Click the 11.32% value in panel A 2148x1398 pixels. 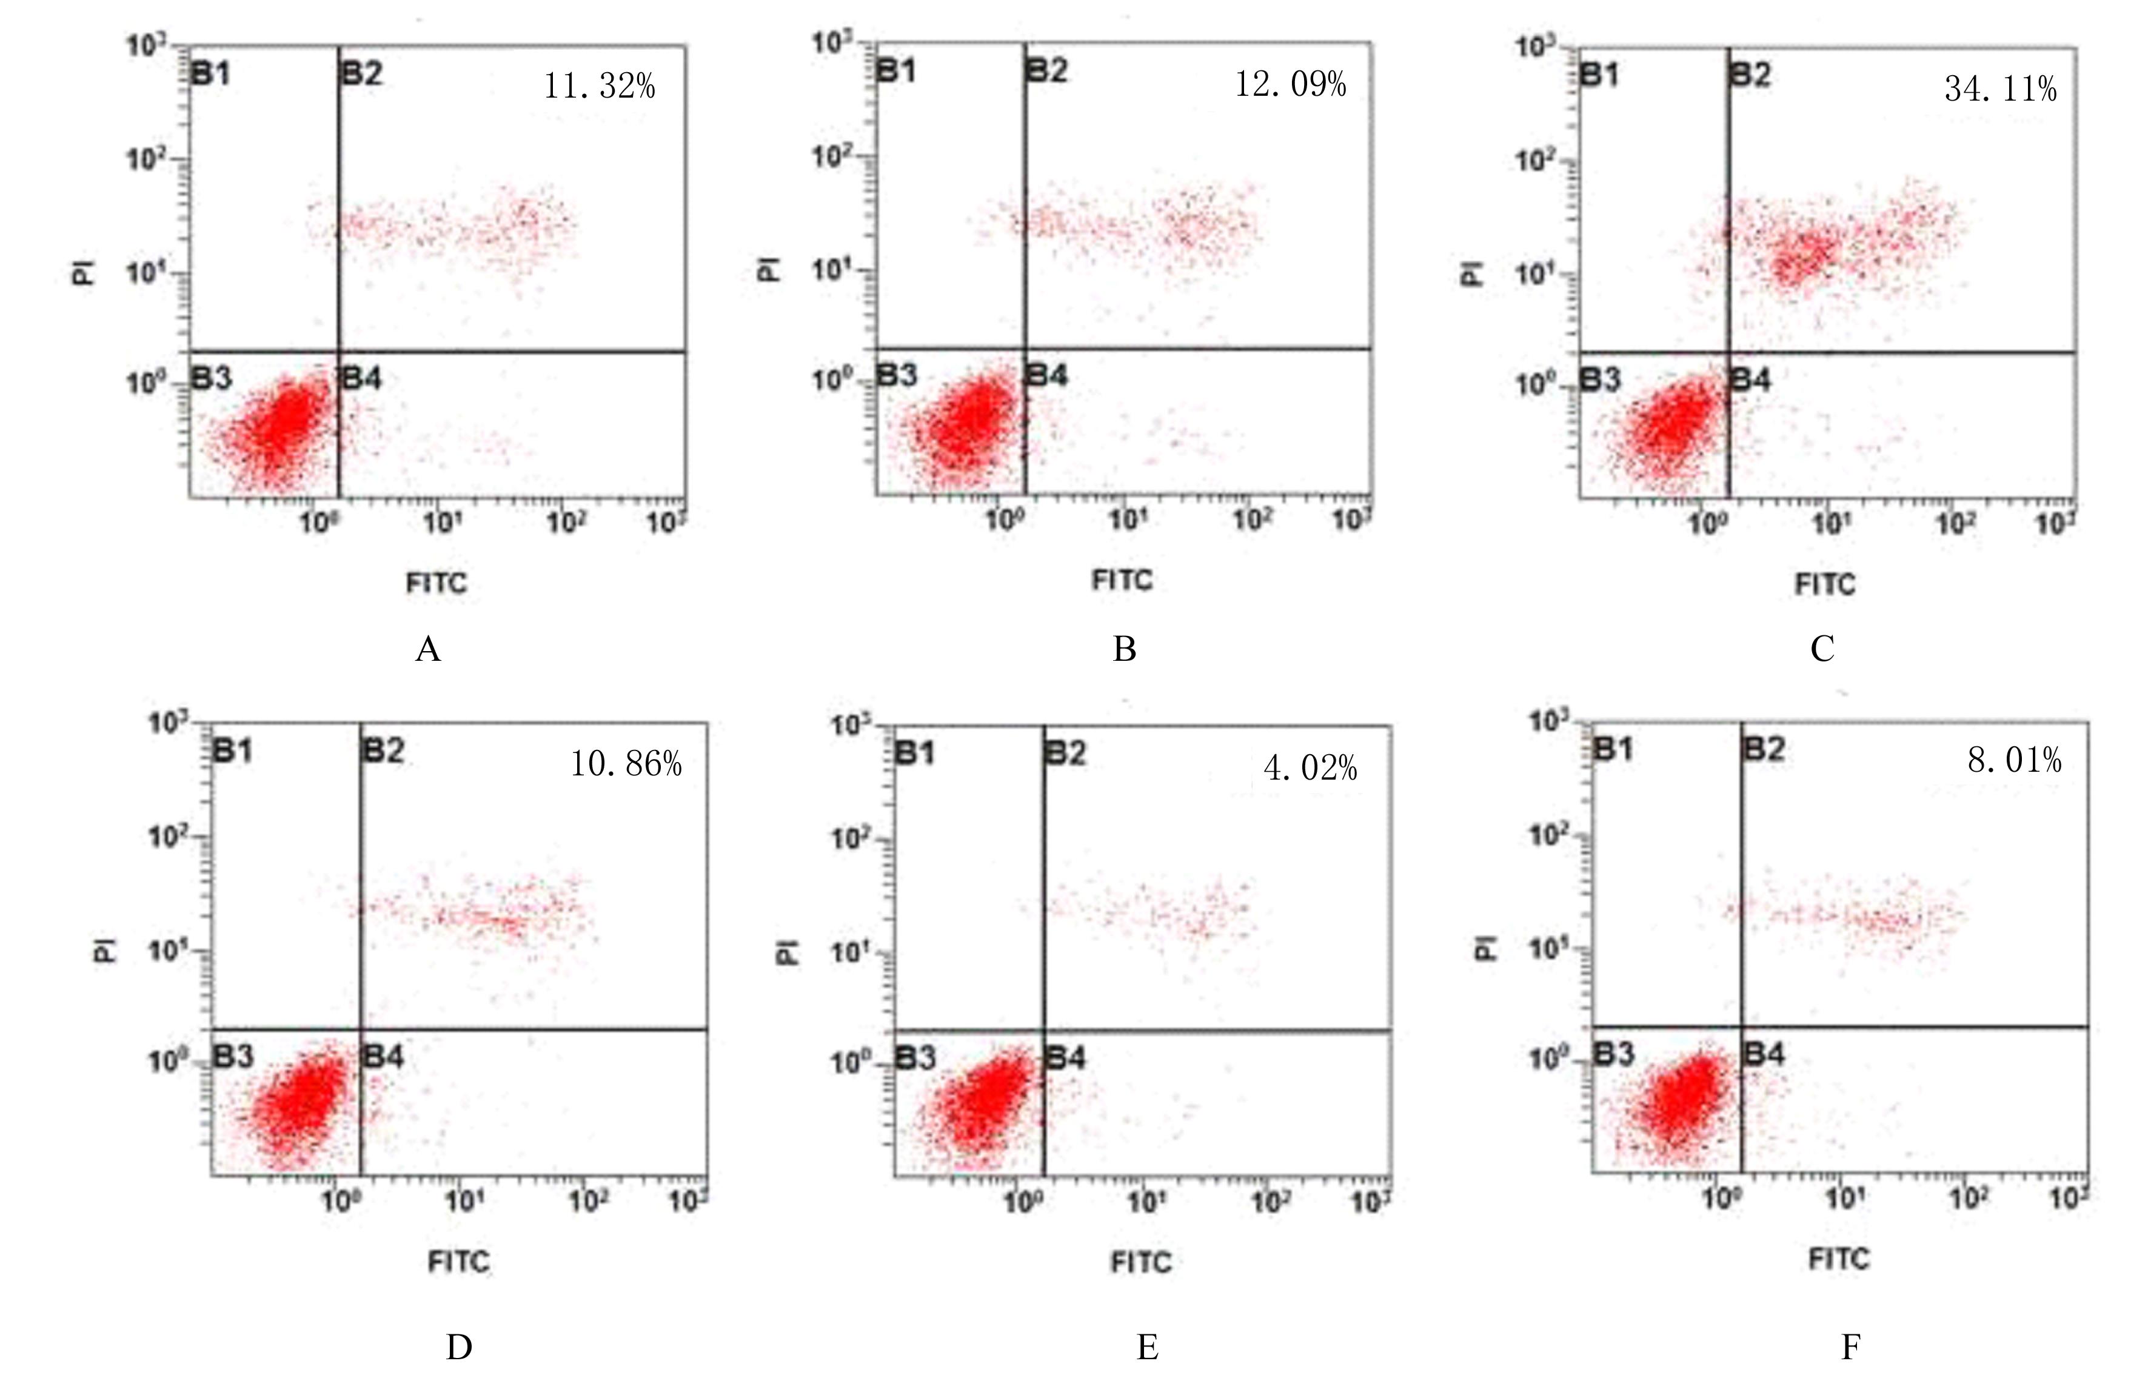[598, 87]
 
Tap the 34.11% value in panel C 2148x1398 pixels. [2000, 89]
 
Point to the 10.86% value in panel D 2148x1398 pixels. [626, 764]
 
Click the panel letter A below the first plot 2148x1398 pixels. [428, 649]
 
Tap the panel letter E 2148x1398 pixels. [1147, 1348]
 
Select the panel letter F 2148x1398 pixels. [1850, 1348]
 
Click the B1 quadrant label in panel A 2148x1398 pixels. [210, 73]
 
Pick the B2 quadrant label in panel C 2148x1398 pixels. [1749, 75]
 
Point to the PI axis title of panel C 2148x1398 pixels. [1472, 273]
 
